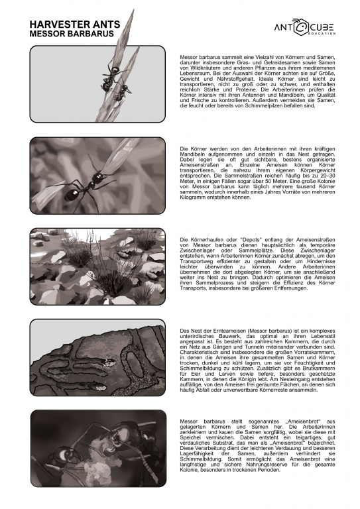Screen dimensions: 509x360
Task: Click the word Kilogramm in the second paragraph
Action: pos(197,197)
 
